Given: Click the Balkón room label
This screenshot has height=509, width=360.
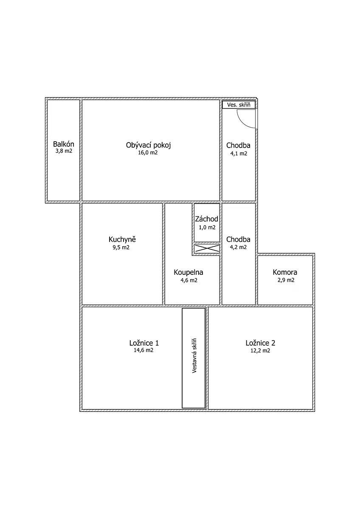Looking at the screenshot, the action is point(63,144).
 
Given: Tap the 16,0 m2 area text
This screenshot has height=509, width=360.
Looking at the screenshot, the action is point(148,152).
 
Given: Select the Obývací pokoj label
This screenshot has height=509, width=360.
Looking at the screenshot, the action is point(148,145).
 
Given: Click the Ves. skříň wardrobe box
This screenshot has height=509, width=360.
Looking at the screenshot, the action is point(239,104).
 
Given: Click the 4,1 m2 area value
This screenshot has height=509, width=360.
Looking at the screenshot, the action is point(239,154).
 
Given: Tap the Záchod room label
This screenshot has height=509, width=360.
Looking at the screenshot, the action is point(206,219).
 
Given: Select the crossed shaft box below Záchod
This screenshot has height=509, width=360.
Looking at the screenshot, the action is point(207,249).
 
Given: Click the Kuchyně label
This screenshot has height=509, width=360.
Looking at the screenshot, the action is point(122,240).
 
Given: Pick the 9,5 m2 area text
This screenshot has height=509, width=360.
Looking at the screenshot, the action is point(121,247).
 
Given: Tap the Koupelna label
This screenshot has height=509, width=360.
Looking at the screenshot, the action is point(188,272).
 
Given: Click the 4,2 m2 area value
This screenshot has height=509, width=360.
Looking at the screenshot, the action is point(238,247).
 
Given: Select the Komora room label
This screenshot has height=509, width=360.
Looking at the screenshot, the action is point(285,272).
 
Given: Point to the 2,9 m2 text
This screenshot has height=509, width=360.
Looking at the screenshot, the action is point(286,280).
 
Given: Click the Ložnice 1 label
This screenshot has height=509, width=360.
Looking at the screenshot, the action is point(144,343).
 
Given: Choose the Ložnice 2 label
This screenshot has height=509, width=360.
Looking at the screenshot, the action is point(260,343).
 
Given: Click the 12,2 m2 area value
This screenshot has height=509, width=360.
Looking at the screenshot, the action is point(260,351).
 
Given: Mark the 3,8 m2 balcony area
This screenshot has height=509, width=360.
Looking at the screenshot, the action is point(64,151).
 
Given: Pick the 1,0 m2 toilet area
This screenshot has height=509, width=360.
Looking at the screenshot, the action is point(207,227).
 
